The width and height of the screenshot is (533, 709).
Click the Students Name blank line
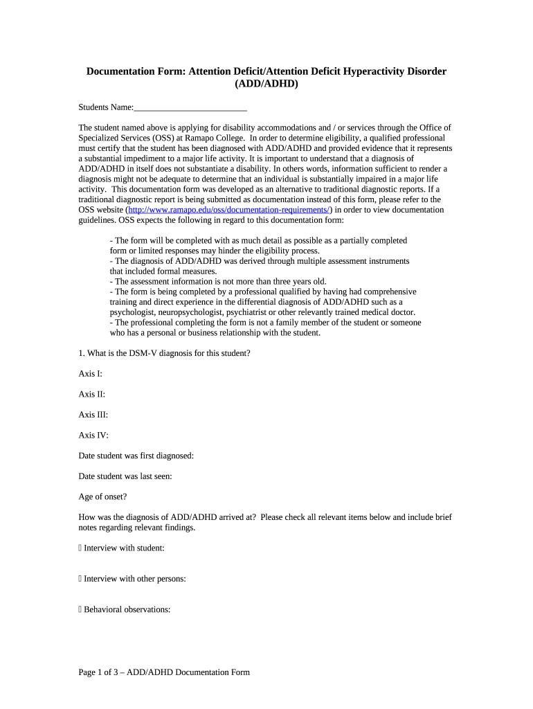click(190, 108)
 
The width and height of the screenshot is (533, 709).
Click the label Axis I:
click(91, 374)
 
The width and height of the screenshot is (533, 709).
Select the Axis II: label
click(92, 395)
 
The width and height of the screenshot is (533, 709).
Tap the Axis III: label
click(93, 415)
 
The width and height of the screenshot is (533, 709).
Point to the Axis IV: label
click(93, 436)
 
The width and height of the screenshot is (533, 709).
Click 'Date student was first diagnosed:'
click(136, 456)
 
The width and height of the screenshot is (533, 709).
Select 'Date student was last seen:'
click(125, 476)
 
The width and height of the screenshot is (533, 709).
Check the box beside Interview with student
click(80, 548)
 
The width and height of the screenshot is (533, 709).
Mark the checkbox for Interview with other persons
click(80, 579)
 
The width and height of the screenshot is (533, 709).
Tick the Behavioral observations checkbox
click(80, 610)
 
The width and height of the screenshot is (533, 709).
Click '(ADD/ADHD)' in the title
click(266, 84)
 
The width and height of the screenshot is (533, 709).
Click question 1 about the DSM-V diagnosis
click(165, 353)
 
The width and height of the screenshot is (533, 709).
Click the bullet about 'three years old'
click(218, 282)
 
